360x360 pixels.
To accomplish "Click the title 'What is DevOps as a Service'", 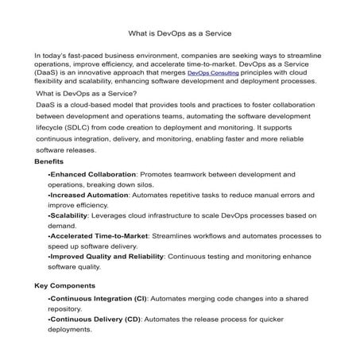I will click(x=180, y=34).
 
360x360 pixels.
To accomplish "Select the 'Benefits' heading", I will click(x=49, y=161).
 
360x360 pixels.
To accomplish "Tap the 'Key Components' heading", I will click(x=65, y=285).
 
